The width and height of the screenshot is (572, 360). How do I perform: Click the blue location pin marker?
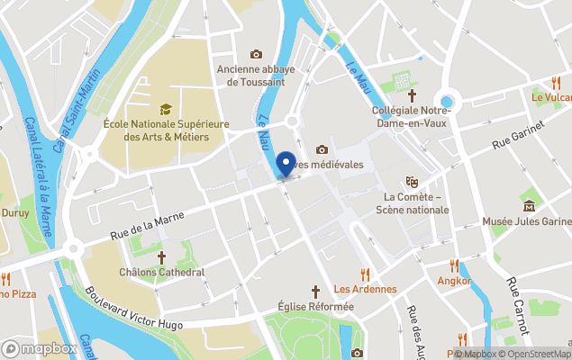[x=286, y=164]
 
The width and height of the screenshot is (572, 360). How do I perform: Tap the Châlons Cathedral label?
[x=162, y=272]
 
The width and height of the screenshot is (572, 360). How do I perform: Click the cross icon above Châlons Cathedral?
[x=162, y=257]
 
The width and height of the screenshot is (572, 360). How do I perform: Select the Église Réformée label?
[x=315, y=306]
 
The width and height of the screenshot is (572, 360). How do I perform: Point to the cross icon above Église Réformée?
[x=316, y=292]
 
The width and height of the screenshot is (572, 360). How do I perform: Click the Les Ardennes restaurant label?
[x=365, y=289]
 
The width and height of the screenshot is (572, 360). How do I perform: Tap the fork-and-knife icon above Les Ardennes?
[x=365, y=274]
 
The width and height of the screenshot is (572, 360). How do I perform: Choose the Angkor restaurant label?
[x=454, y=281]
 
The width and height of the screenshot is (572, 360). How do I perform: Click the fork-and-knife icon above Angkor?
[x=454, y=265]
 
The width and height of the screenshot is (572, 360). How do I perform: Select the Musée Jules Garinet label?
[x=527, y=221]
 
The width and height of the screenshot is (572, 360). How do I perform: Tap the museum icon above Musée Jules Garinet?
[x=529, y=206]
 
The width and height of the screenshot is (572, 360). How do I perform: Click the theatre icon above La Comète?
[x=413, y=182]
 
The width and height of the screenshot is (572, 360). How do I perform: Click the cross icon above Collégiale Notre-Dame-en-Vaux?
[x=413, y=95]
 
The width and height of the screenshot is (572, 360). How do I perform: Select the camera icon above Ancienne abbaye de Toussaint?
[x=257, y=55]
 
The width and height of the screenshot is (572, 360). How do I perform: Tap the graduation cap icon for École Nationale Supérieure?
[x=166, y=109]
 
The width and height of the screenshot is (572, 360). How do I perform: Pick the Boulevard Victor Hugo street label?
[x=134, y=309]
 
